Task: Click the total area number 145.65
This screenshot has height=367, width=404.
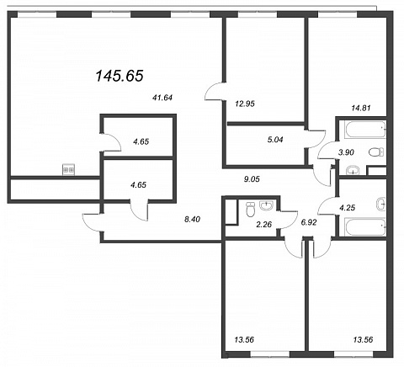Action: coord(120,76)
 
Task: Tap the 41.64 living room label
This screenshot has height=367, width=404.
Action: coord(162,98)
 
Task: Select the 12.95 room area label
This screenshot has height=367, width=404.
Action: coord(245,104)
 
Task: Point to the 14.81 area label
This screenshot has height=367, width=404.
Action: coord(361,107)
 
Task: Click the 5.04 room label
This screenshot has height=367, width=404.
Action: coord(275,140)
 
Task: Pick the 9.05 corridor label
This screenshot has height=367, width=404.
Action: coord(252,179)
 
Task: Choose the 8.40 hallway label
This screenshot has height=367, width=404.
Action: coord(192,220)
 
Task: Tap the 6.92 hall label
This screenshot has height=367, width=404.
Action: coord(308,222)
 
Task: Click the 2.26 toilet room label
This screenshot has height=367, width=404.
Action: coord(263,224)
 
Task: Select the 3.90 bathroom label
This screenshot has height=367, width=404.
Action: coord(346,152)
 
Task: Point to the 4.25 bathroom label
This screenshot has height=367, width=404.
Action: coord(348,208)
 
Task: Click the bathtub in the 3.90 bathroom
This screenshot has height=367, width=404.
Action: coord(365,130)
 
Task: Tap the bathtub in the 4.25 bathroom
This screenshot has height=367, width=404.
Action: coord(365,226)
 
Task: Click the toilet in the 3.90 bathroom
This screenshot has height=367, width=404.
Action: coord(376,152)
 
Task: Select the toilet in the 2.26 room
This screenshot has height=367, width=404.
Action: coord(250,210)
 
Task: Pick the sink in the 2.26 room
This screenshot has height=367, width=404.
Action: coord(266,205)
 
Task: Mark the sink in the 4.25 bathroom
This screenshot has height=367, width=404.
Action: coord(381,204)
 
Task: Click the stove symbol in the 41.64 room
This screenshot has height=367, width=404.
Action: coord(69,169)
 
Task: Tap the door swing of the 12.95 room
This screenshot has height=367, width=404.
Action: coord(215,91)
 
